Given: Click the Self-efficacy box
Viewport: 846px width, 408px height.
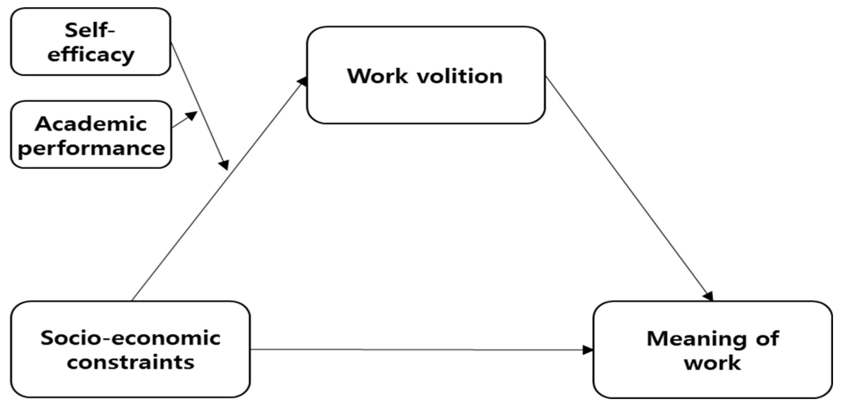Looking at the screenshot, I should pyautogui.click(x=90, y=42).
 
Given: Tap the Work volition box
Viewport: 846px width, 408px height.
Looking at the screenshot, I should pyautogui.click(x=426, y=75).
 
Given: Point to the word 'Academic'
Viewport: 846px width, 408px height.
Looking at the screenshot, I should pyautogui.click(x=91, y=124).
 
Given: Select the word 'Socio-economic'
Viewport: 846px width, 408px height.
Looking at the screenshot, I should pyautogui.click(x=130, y=338).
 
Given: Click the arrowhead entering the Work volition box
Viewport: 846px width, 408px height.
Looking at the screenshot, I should pyautogui.click(x=302, y=81).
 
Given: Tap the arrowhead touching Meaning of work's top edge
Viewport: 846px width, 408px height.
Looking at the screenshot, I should pyautogui.click(x=708, y=296).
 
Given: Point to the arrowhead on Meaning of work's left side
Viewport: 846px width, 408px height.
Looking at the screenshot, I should pyautogui.click(x=588, y=350).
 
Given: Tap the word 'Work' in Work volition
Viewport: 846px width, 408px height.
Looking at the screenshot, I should pyautogui.click(x=377, y=76).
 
